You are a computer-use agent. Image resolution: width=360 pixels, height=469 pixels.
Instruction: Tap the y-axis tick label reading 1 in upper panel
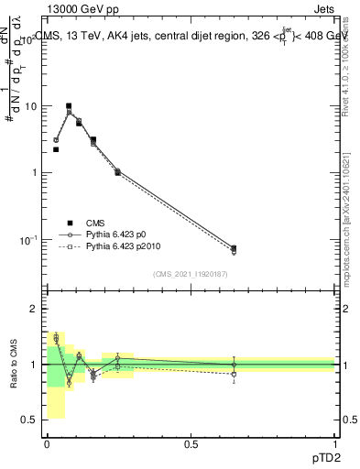pos(34,173)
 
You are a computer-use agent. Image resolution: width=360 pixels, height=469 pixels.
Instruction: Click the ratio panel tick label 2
pos(34,310)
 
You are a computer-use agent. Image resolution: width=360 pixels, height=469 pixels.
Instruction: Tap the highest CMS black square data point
pos(69,106)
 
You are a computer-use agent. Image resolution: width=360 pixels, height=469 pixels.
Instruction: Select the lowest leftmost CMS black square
pos(56,149)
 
